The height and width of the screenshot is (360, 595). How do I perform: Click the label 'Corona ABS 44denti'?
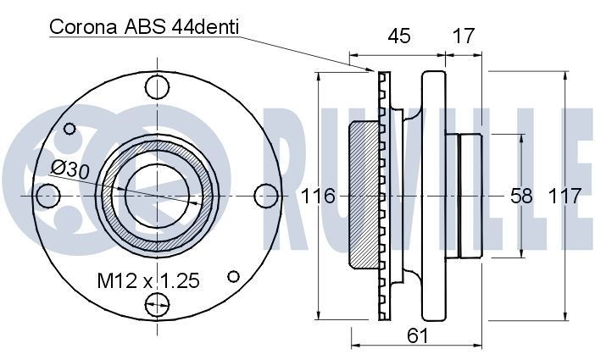pyautogui.click(x=144, y=27)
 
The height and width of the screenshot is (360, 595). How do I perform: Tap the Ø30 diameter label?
pyautogui.click(x=70, y=169)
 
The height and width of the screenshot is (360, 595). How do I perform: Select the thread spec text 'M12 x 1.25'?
pyautogui.click(x=147, y=280)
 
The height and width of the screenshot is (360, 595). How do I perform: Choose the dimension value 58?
pyautogui.click(x=521, y=197)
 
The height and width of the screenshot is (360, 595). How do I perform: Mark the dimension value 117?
pyautogui.click(x=564, y=197)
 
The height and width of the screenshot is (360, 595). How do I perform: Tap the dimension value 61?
pyautogui.click(x=416, y=335)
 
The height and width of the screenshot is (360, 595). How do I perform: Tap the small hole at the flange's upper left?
pyautogui.click(x=69, y=130)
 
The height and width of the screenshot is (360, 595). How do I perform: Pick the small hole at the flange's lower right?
pyautogui.click(x=234, y=276)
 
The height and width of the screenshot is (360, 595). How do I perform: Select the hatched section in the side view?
pyautogui.click(x=363, y=196)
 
